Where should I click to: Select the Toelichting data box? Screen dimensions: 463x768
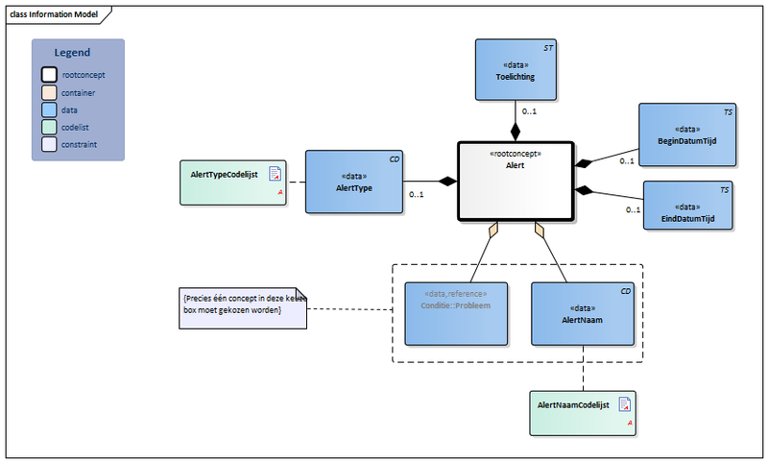[515, 70]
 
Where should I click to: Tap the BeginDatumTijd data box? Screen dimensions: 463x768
[686, 134]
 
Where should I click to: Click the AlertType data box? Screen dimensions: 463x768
[352, 182]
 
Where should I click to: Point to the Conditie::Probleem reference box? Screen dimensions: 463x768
[455, 313]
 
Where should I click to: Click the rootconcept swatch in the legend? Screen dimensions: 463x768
[49, 75]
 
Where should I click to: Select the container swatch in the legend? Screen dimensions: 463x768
[49, 92]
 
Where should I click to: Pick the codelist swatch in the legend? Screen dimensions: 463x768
[49, 127]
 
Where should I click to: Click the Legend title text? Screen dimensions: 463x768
[73, 53]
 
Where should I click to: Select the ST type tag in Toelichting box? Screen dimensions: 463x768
[548, 47]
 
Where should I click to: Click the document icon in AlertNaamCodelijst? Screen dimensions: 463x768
[624, 403]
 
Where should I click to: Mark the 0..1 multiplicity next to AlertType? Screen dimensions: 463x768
[417, 195]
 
